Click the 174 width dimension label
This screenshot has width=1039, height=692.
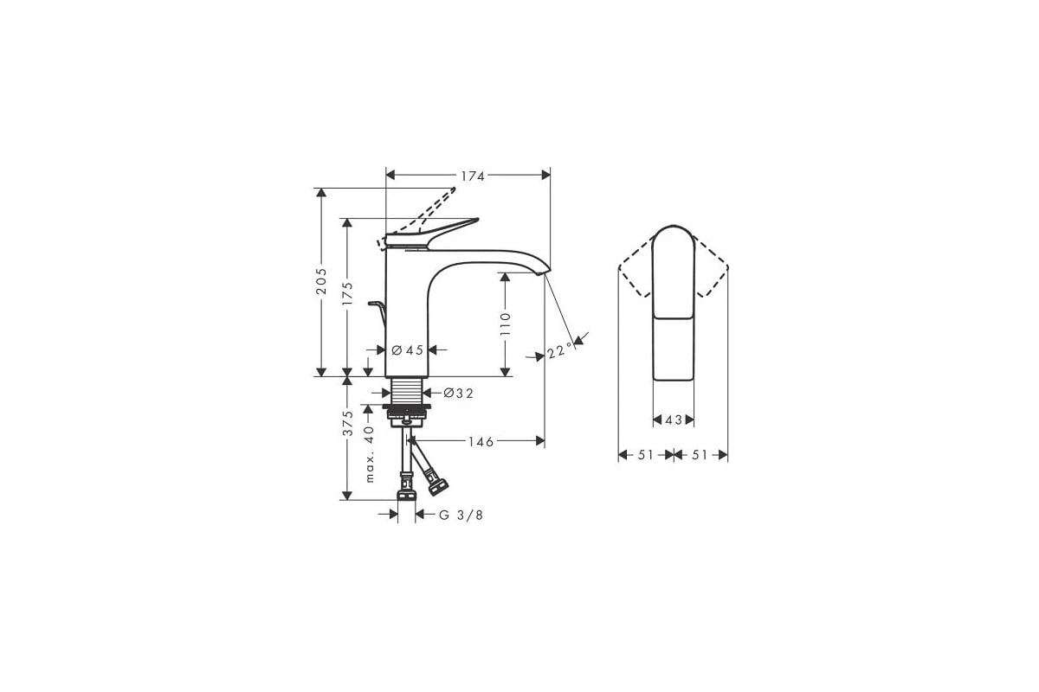tap(472, 176)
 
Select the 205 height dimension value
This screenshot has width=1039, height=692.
tap(321, 282)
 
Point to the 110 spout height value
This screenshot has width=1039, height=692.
tap(507, 323)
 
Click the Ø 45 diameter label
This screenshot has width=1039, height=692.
tap(407, 350)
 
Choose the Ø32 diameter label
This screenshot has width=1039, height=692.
tap(459, 393)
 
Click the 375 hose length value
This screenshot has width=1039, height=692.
tap(348, 424)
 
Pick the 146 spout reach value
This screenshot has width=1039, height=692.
tap(481, 442)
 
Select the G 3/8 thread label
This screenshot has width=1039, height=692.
tap(461, 516)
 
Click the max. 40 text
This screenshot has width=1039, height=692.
tap(369, 454)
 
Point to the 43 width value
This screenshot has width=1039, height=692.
tap(674, 420)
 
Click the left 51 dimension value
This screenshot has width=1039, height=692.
tap(646, 455)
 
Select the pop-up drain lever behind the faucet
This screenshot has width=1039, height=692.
tap(377, 304)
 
